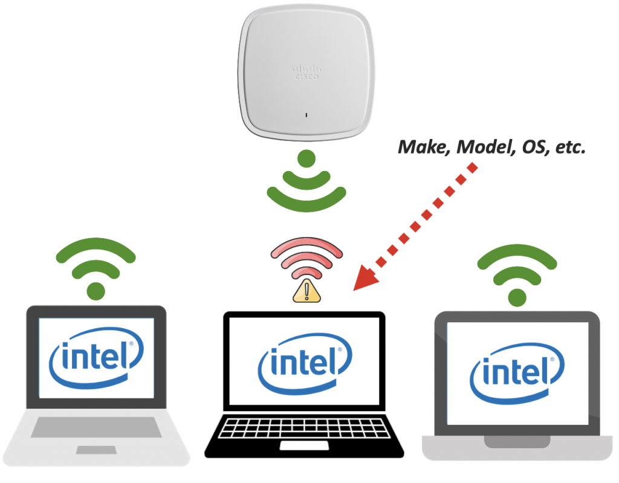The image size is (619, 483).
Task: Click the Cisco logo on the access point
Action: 307,73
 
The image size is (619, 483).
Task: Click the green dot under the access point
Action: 307,160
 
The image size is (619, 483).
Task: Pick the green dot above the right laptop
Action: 517,296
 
